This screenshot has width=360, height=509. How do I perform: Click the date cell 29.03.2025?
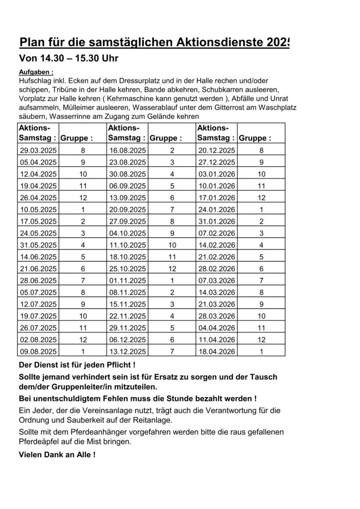[38, 150]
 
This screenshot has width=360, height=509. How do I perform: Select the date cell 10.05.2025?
[38, 210]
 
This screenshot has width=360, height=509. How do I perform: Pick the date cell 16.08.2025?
[128, 150]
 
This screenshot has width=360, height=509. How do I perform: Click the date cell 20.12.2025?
[218, 150]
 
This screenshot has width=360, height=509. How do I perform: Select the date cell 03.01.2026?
[218, 174]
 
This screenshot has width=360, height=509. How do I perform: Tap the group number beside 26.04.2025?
[83, 198]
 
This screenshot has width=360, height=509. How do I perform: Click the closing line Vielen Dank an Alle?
[57, 454]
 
